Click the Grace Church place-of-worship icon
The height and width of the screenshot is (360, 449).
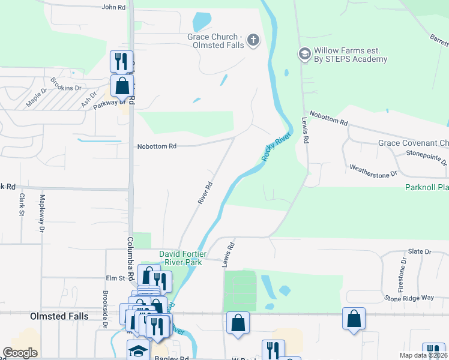(253, 40)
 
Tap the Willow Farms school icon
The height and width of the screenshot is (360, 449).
(305, 54)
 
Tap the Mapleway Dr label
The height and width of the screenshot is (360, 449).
(42, 212)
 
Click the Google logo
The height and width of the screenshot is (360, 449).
(20, 353)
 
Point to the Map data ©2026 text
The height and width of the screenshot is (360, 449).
(424, 355)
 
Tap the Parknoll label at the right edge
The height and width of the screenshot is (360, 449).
(427, 188)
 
